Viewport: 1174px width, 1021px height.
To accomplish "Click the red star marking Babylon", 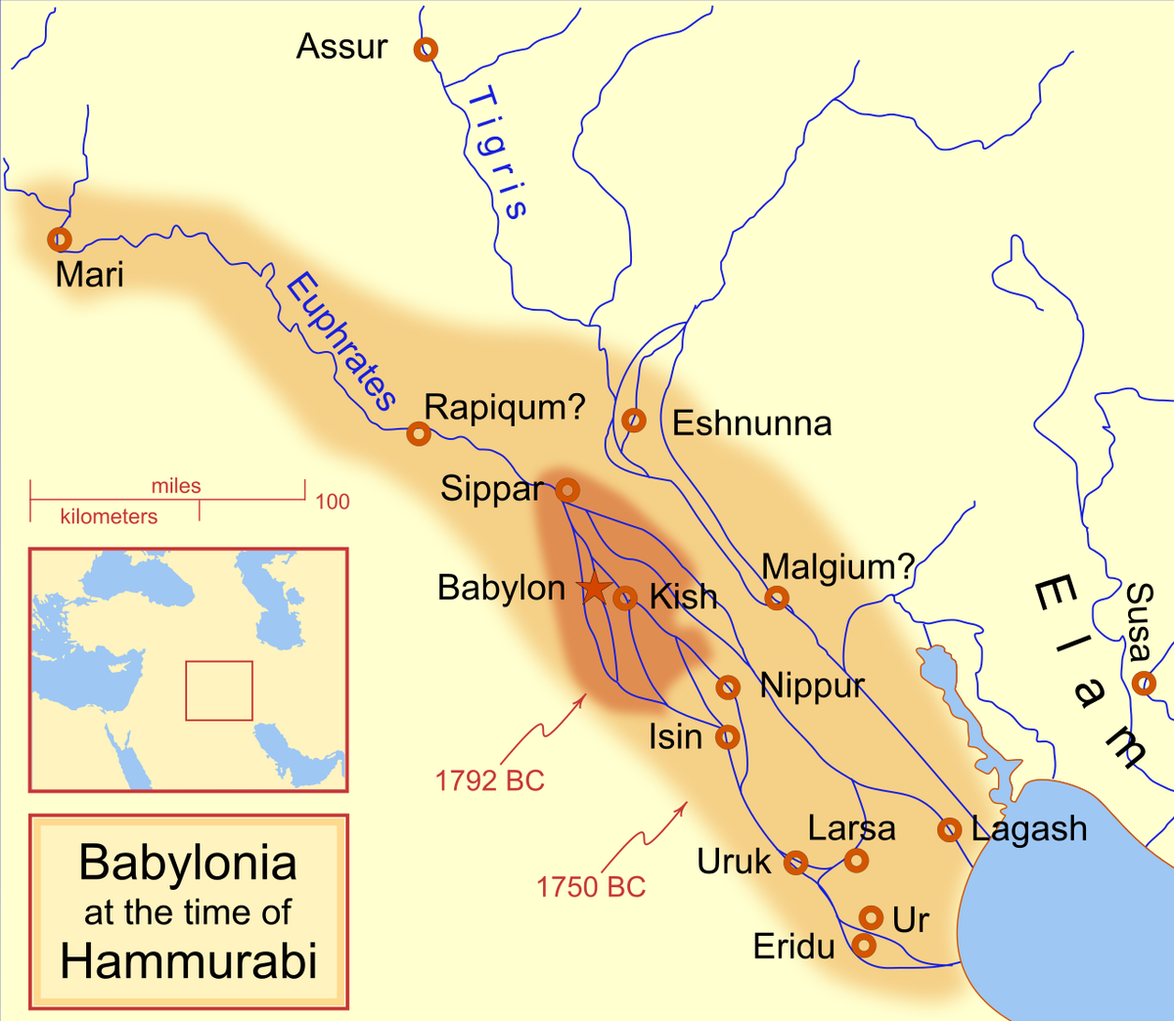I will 593,588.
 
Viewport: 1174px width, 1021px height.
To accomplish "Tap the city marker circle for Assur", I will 426,49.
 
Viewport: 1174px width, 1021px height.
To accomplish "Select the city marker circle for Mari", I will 60,239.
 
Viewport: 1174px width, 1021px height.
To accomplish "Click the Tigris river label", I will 496,153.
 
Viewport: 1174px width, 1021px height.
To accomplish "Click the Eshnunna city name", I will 751,423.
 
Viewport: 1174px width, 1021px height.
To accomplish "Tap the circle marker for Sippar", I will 567,490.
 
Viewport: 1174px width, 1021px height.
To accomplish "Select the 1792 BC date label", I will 489,780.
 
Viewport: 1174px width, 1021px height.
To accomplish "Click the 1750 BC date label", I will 591,887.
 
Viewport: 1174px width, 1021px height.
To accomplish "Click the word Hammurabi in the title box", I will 189,961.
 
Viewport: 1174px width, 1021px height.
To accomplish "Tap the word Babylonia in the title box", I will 188,863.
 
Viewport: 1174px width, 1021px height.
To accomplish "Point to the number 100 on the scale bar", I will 333,502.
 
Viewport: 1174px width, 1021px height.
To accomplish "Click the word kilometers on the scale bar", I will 109,516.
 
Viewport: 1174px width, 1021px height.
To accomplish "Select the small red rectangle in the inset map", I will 219,690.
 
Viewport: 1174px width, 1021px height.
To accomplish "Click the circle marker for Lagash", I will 949,829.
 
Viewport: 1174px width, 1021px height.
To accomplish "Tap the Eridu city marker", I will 864,945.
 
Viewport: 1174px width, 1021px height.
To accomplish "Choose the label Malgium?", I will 837,566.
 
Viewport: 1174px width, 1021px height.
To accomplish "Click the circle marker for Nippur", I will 728,688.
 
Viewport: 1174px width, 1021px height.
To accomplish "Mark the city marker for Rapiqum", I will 419,433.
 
